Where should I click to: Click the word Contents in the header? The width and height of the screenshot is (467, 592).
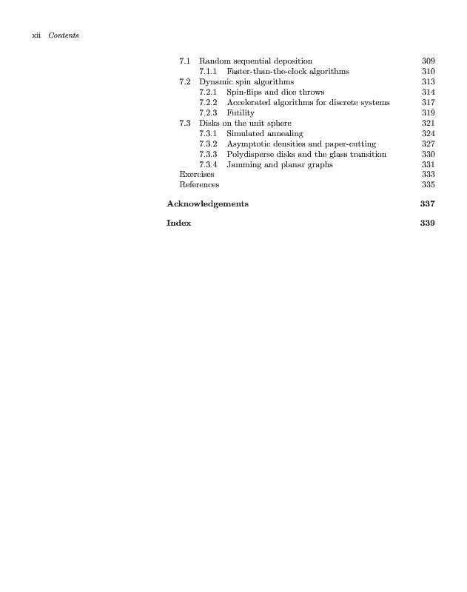point(63,36)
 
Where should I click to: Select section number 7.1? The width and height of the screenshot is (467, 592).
point(186,61)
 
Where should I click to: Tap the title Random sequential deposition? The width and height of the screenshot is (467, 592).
point(255,61)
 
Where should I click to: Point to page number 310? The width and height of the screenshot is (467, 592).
point(427,71)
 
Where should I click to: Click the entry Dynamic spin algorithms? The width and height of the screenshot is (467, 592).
point(246,81)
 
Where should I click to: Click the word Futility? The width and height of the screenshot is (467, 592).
point(241,112)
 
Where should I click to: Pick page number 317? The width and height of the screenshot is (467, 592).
point(427,102)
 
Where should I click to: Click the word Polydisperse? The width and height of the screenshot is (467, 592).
point(250,154)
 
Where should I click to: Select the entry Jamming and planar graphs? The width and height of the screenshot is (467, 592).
point(279,164)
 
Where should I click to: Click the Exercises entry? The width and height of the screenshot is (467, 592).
point(197,175)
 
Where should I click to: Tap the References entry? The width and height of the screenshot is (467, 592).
point(199,185)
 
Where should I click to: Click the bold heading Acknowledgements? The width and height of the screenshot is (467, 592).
point(207,203)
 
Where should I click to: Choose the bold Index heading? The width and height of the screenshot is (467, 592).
point(179,223)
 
